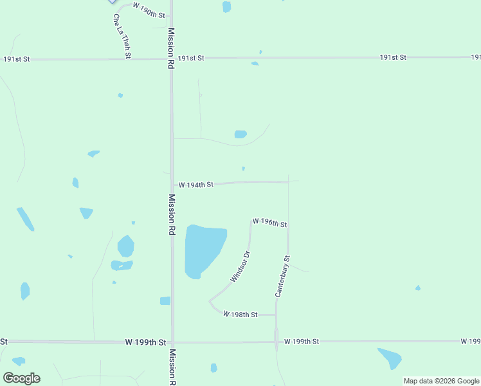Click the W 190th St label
[x=149, y=9]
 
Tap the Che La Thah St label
[x=122, y=37]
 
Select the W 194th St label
[x=195, y=185]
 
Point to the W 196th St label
[x=269, y=223]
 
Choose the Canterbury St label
[x=283, y=276]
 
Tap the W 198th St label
[x=240, y=315]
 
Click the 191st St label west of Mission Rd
[x=17, y=59]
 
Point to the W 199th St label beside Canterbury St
[x=301, y=341]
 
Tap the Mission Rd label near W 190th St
[x=171, y=48]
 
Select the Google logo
[x=21, y=378]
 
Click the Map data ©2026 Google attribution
[x=442, y=381]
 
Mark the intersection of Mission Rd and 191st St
[x=172, y=59]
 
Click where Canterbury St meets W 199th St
[x=277, y=341]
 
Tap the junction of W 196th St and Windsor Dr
[x=251, y=221]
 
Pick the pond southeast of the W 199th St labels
[x=390, y=358]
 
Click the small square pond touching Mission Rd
[x=165, y=300]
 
